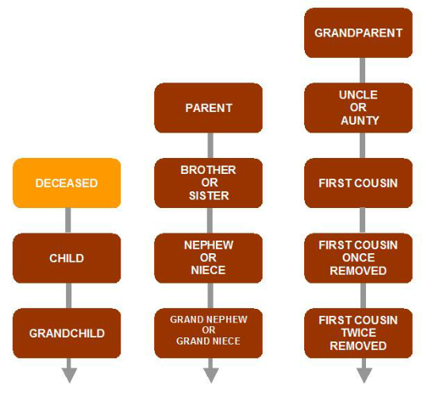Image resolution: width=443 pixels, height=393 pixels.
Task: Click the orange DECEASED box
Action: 67,183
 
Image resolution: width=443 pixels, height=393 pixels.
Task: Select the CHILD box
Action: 67,258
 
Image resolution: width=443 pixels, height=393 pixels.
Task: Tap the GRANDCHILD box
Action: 67,333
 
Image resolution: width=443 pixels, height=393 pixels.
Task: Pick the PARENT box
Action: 209,108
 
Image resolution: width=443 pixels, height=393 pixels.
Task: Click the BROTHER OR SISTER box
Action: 209,183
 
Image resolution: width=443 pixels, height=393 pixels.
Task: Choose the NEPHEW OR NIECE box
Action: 209,258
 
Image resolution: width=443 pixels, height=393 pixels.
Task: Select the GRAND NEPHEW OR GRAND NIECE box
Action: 209,333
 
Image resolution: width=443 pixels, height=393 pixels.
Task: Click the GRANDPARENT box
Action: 358,33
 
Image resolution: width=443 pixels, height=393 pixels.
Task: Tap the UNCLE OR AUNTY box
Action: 358,108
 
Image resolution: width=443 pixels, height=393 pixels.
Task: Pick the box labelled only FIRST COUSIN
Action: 358,183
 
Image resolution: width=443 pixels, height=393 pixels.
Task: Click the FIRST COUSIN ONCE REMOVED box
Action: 358,258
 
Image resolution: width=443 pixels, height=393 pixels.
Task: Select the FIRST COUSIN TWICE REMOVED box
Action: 358,333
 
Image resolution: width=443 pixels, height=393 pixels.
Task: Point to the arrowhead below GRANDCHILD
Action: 69,376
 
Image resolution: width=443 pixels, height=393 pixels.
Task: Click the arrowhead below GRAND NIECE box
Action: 211,376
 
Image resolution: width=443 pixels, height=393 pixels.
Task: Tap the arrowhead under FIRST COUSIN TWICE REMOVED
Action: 364,376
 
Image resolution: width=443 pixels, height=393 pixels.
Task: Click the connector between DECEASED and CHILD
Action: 68,221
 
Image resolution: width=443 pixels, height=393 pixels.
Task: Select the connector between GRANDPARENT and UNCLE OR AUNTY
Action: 363,71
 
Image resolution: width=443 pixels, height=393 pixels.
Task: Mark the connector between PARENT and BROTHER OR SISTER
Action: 210,145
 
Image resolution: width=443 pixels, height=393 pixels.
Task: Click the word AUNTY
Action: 360,121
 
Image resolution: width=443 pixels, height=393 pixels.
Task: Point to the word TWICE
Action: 359,333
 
